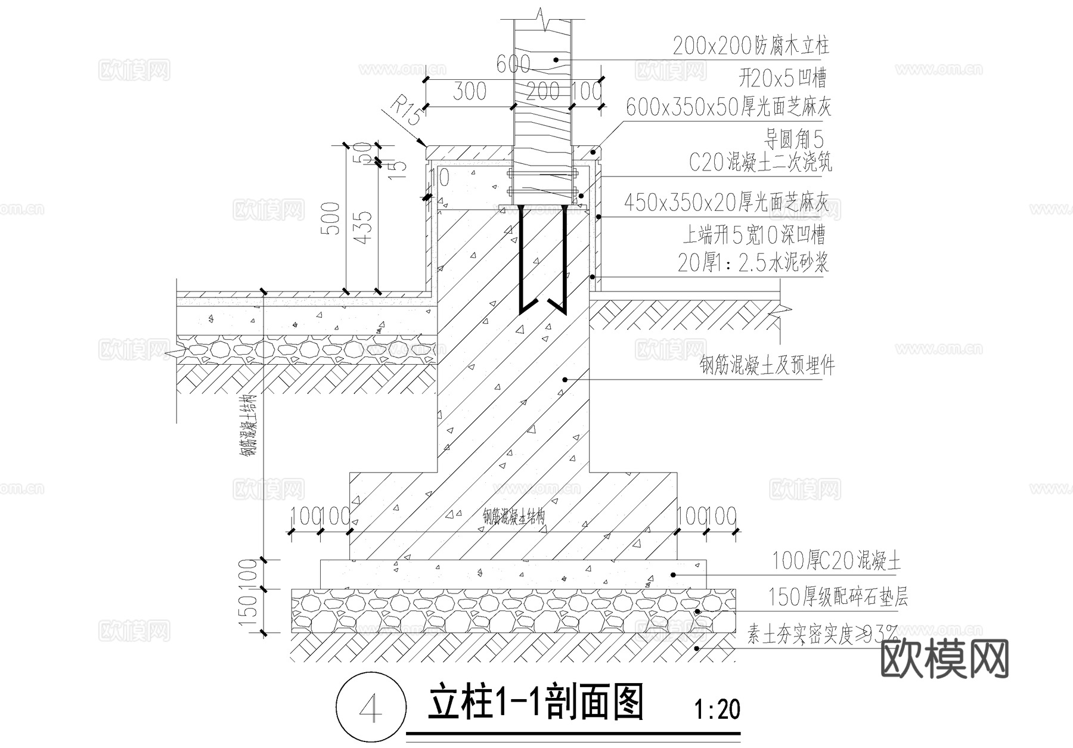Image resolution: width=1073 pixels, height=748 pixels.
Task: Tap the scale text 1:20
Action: pos(717,710)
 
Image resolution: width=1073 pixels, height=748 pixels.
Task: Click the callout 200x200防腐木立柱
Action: pos(751,46)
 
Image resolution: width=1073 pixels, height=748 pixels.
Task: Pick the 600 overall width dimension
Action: pos(512,64)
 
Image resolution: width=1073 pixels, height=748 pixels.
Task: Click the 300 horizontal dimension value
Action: pos(469,92)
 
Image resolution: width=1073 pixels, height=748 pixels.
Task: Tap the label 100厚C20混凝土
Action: pos(836,561)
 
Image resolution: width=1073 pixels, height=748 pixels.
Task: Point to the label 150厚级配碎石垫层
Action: pos(838,597)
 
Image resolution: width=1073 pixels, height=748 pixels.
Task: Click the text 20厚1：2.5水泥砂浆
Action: pos(752,262)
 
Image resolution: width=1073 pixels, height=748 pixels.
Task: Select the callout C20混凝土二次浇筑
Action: pos(760,162)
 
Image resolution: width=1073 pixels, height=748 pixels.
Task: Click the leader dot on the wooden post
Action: pos(556,60)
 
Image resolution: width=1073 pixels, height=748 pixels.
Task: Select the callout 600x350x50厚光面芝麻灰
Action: pos(728,107)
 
